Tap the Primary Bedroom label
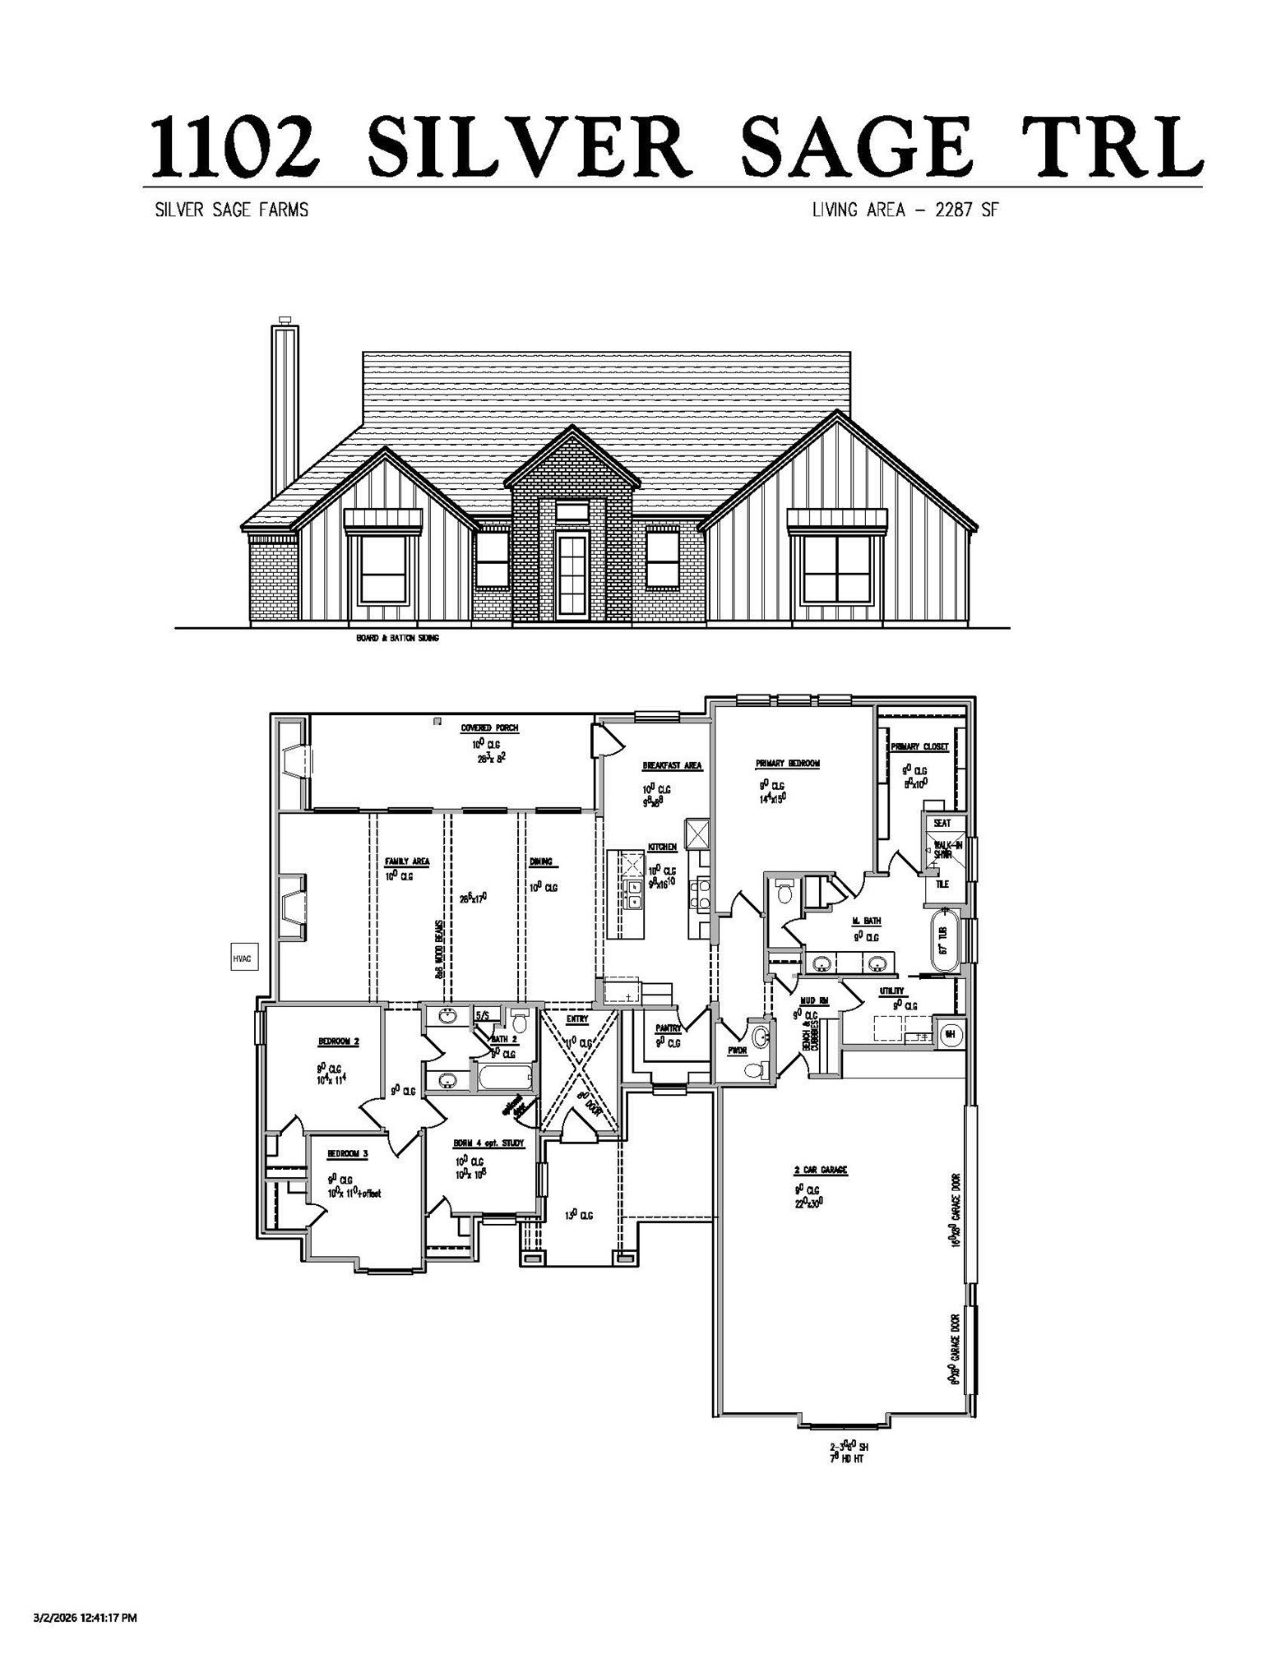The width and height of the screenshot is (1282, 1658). (x=787, y=763)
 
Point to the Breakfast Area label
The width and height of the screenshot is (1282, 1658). (x=672, y=765)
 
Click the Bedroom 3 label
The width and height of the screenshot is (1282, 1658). (x=347, y=1153)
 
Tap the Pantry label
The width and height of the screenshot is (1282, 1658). (x=666, y=1028)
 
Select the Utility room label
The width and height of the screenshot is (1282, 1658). (x=892, y=991)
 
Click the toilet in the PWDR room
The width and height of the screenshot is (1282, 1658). (x=753, y=1069)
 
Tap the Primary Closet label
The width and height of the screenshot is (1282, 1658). (x=919, y=747)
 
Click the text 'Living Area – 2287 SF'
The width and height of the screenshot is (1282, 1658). (x=905, y=210)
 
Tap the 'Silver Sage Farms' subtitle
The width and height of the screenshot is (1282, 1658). (x=232, y=210)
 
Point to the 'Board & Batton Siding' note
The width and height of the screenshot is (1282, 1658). (x=397, y=638)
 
